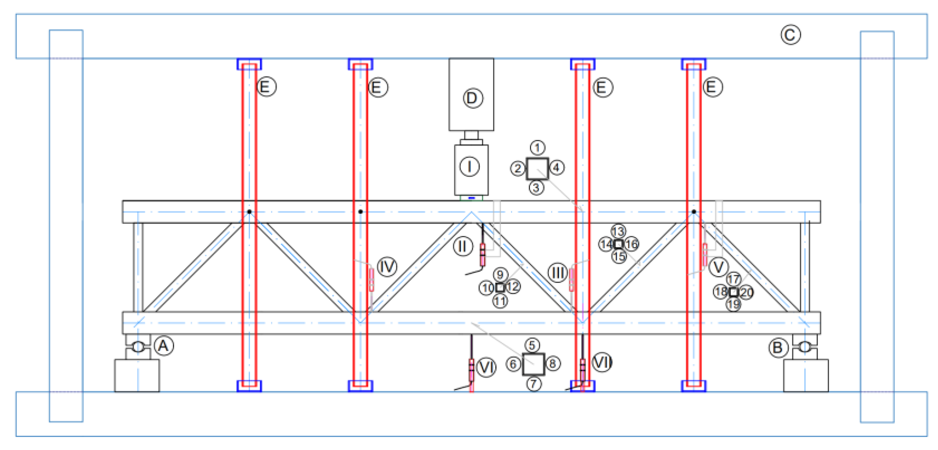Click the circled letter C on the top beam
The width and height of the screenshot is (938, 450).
click(790, 35)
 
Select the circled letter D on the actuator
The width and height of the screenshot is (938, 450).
click(473, 98)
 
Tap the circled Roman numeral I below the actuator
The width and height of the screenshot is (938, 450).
click(469, 166)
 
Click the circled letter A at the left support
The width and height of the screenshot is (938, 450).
click(164, 346)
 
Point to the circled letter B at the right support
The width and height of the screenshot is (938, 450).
click(778, 348)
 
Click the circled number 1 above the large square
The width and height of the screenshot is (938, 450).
click(537, 148)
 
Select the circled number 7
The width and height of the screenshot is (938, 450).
click(534, 383)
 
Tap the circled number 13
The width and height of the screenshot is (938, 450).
click(618, 232)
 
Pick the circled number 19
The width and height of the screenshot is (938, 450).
click(734, 305)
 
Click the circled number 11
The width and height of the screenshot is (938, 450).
click(500, 301)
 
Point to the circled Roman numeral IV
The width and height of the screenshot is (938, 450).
click(387, 266)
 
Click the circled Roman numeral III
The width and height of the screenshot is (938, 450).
click(557, 273)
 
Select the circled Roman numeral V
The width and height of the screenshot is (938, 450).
click(718, 267)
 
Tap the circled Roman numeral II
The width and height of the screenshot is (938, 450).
click(463, 246)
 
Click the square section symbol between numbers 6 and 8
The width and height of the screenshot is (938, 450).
click(533, 364)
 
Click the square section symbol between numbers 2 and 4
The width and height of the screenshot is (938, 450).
click(537, 169)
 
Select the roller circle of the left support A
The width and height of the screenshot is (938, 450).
click(138, 347)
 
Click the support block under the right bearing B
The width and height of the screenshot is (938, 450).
click(806, 375)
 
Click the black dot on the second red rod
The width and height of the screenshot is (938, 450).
click(360, 212)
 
